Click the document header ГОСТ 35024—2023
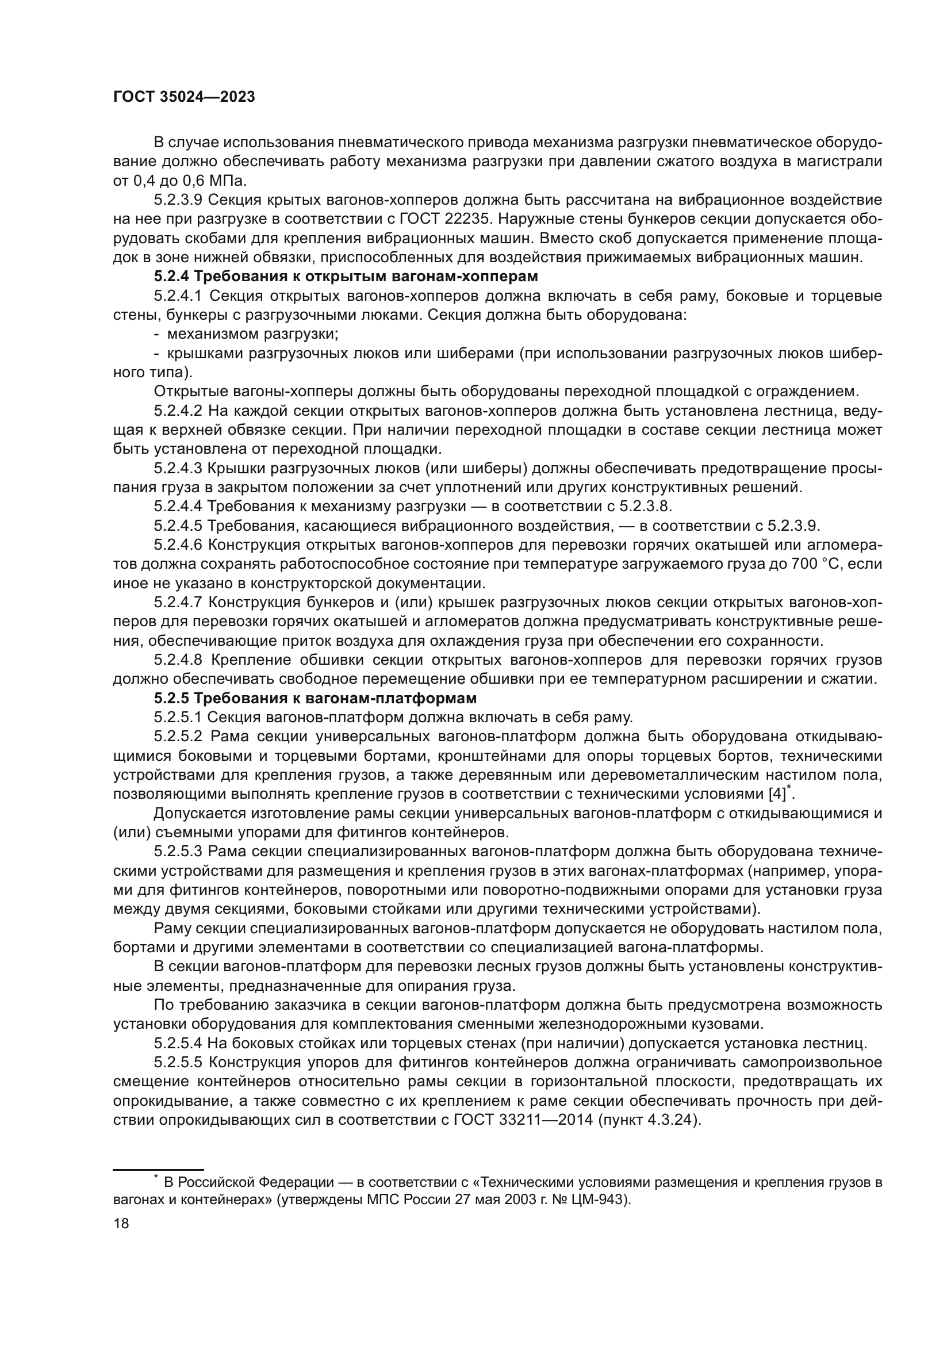[184, 97]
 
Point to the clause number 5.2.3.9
[178, 200]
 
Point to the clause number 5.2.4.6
[178, 545]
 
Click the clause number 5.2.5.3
[178, 851]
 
